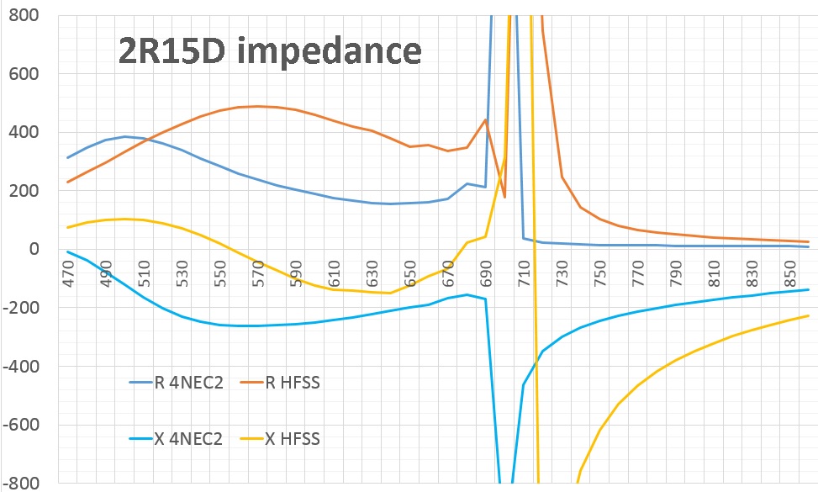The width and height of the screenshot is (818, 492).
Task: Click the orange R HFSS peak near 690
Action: tap(485, 119)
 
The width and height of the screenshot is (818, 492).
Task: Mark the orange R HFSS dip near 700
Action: tap(504, 196)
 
